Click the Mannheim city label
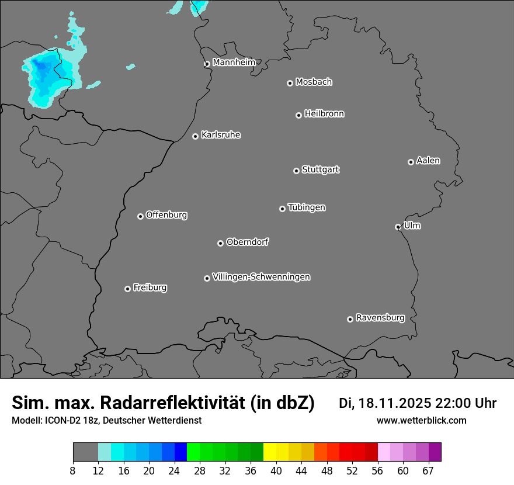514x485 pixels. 234,62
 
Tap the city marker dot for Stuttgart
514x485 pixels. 296,171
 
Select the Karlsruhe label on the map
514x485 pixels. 221,135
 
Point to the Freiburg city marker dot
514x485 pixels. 127,289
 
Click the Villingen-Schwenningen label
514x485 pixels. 261,277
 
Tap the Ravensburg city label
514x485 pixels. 380,318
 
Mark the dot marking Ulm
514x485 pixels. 398,227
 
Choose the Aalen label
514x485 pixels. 428,161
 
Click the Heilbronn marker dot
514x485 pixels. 298,115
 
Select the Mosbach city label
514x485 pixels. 314,82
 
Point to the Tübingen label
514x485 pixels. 307,207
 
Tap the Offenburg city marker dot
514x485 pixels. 140,216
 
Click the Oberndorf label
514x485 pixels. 247,242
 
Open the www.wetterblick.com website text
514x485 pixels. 421,420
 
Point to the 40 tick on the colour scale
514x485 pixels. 276,470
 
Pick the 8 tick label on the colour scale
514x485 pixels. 73,470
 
